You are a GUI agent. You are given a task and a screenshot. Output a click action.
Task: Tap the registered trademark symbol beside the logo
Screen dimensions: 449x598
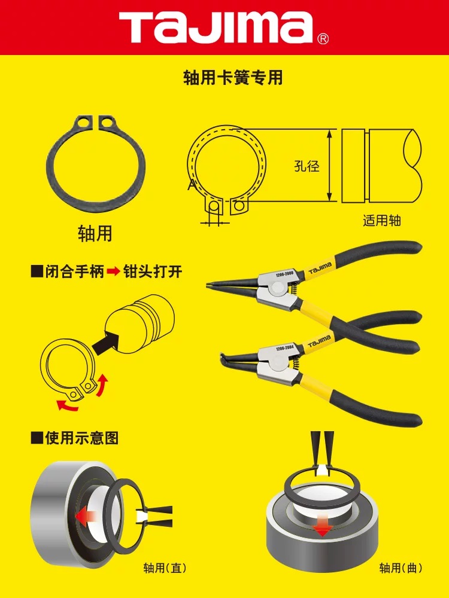coord(323,38)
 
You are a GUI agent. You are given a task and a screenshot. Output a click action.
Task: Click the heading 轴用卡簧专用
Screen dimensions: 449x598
coord(233,78)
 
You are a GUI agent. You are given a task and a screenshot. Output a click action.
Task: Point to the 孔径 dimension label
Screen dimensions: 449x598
coord(307,166)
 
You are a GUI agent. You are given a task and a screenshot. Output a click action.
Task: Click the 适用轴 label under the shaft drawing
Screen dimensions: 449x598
coord(381,220)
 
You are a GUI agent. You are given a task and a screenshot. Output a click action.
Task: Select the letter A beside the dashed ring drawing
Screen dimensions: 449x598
coord(192,185)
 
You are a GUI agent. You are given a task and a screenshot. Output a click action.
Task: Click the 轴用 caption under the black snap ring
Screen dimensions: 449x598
coord(95,233)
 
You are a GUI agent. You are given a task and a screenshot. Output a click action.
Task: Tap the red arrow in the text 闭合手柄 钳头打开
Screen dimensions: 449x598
coord(113,272)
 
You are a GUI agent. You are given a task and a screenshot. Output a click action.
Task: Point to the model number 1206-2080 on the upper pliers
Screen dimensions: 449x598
coord(284,274)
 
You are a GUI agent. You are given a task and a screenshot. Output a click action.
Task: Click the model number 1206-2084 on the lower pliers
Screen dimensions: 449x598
coord(284,348)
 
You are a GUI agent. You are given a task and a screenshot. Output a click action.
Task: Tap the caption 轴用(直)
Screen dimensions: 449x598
coord(165,568)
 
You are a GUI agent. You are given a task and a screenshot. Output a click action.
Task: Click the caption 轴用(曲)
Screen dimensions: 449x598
coord(401,568)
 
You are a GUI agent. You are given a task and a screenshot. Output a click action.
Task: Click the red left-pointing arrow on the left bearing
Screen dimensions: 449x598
coord(86,517)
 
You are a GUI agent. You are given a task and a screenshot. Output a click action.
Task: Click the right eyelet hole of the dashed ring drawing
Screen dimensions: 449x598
coord(239,206)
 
